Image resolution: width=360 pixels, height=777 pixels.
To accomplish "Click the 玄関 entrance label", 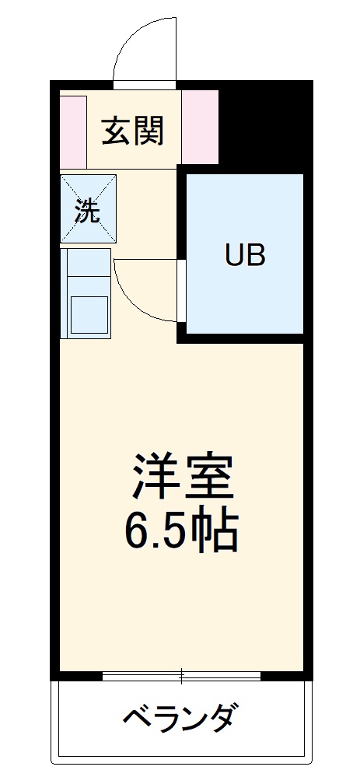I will tap(133, 130).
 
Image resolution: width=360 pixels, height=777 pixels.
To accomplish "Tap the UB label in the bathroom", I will tap(245, 254).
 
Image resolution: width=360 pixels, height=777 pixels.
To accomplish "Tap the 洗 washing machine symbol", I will tap(88, 208).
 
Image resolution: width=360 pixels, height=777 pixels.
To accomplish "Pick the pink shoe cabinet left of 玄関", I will tap(73, 130).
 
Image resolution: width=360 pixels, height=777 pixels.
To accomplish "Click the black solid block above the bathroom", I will tap(264, 124).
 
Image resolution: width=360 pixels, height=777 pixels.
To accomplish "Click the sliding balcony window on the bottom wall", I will tap(181, 674).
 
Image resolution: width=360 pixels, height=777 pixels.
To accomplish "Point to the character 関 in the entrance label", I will tap(149, 130).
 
